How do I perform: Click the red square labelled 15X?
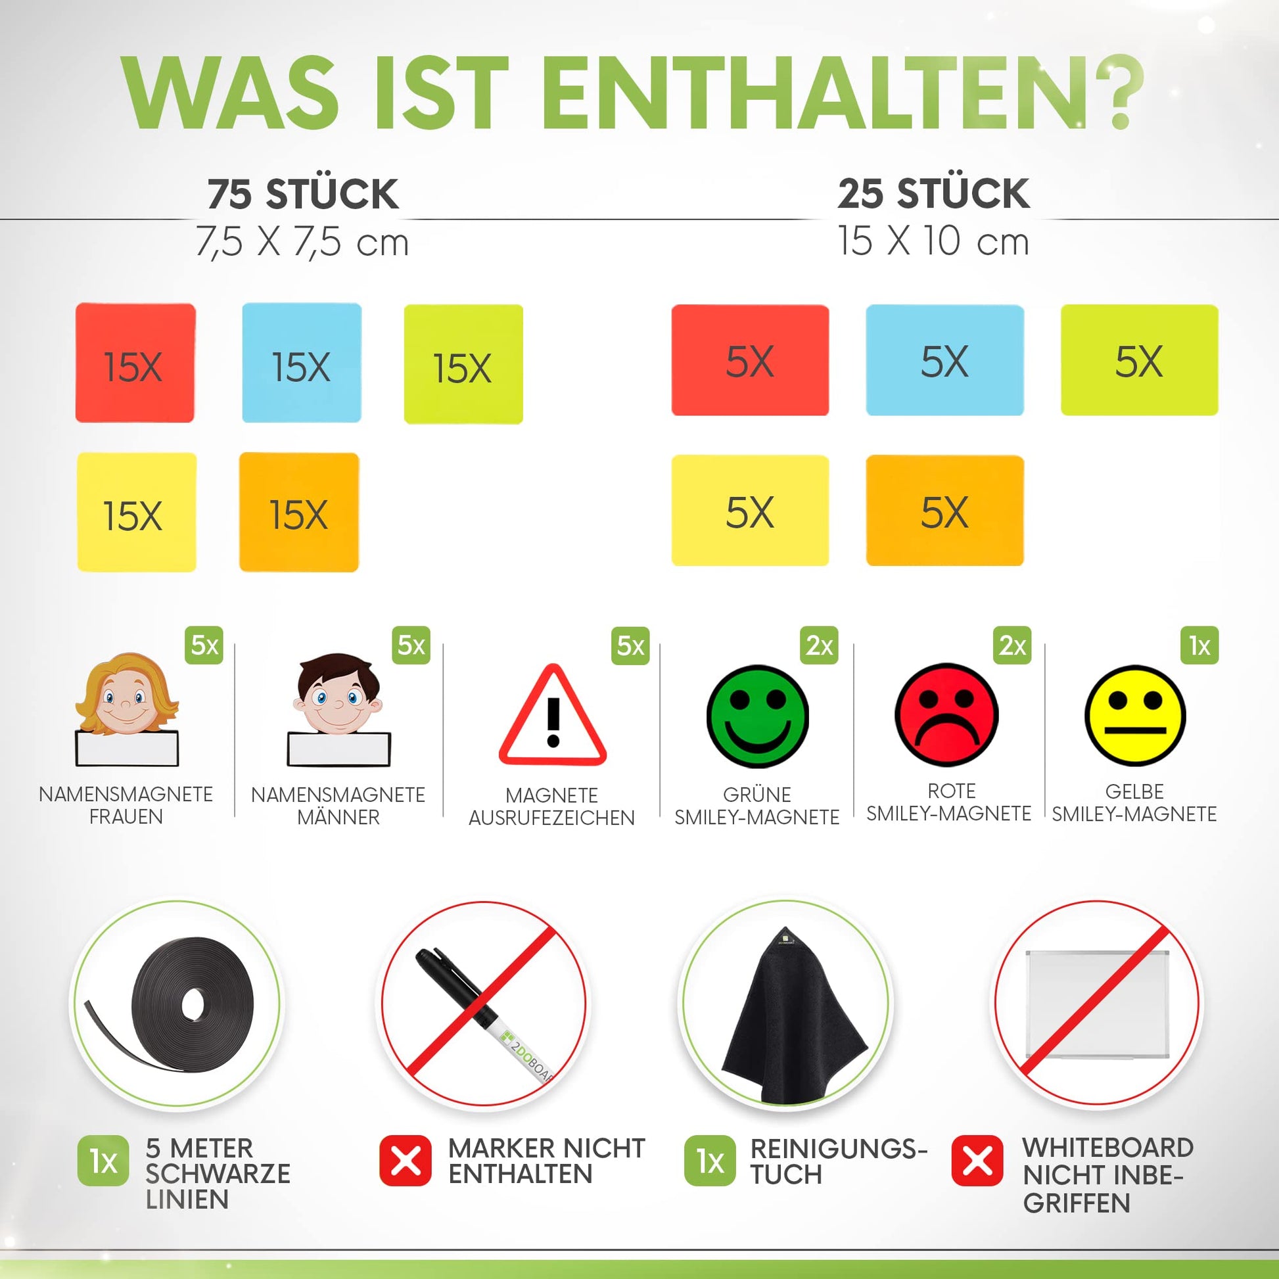(135, 363)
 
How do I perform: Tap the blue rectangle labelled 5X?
(944, 360)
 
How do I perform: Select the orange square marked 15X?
(299, 512)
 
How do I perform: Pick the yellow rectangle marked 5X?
(750, 511)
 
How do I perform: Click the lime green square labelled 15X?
(463, 364)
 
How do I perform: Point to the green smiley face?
(757, 716)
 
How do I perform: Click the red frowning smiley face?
(946, 715)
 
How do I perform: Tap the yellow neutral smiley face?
(1134, 716)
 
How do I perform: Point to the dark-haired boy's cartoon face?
(338, 694)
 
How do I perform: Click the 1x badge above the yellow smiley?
(1199, 645)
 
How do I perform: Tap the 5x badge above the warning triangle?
(630, 645)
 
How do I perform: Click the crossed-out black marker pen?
(483, 1006)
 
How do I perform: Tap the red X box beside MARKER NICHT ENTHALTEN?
(405, 1161)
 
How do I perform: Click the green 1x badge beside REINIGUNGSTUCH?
(710, 1161)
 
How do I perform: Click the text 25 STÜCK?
(933, 193)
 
